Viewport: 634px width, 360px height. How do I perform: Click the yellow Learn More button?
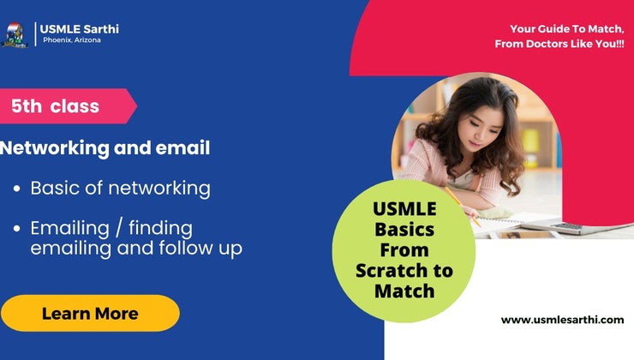point(90,313)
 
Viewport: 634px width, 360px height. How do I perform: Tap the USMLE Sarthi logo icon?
point(15,34)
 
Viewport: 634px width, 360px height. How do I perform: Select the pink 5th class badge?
point(60,106)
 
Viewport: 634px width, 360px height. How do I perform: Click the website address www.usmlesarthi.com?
point(562,320)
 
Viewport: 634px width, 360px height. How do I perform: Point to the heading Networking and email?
point(105,148)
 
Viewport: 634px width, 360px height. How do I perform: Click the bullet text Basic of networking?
point(120,188)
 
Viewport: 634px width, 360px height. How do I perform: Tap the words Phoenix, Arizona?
point(72,40)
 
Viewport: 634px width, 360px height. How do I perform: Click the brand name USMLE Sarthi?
point(79,29)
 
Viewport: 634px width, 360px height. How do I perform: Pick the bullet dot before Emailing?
point(17,230)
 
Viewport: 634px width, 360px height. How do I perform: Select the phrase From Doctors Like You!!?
point(559,44)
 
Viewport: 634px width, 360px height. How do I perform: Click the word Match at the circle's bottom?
point(404,291)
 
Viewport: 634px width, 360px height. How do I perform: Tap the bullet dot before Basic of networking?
point(17,189)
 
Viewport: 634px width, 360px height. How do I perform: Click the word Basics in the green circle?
point(404,230)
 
